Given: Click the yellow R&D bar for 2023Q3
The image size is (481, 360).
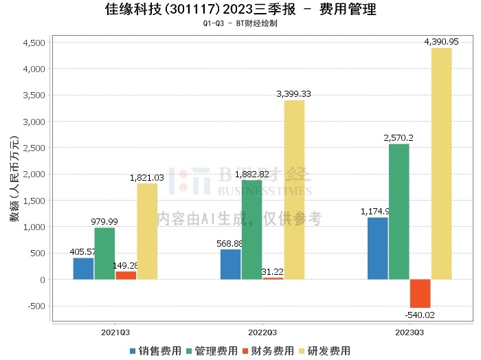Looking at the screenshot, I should pyautogui.click(x=441, y=164).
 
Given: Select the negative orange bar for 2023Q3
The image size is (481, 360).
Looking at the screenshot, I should pyautogui.click(x=420, y=293).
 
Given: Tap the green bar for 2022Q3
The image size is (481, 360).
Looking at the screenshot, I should pyautogui.click(x=251, y=229).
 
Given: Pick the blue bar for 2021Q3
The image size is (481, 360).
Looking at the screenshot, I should pyautogui.click(x=83, y=269).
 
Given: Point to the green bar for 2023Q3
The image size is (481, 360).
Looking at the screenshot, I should pyautogui.click(x=399, y=212).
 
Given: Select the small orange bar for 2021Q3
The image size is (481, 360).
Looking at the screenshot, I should pyautogui.click(x=126, y=275).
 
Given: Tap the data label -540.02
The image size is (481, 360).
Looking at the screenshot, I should pyautogui.click(x=421, y=315).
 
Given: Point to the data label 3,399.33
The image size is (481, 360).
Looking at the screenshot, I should pyautogui.click(x=293, y=94).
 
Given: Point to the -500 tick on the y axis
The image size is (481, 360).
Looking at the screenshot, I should pyautogui.click(x=36, y=306).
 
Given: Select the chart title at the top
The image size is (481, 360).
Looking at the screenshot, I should pyautogui.click(x=240, y=10).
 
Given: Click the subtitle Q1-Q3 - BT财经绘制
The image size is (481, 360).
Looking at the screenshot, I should pyautogui.click(x=240, y=23).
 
